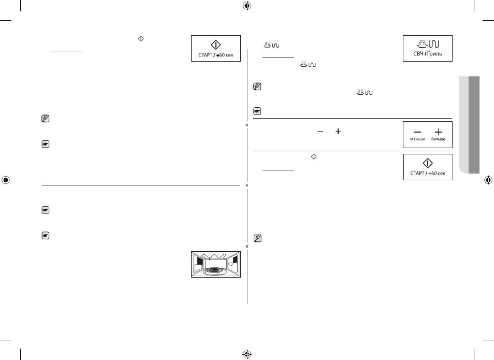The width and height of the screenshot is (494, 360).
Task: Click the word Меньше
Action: click(417, 139)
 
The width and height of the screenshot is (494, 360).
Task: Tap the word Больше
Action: click(438, 139)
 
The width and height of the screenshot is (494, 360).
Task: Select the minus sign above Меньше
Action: click(417, 132)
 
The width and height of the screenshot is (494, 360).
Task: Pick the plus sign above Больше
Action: click(438, 132)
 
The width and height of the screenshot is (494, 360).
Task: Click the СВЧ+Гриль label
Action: click(428, 54)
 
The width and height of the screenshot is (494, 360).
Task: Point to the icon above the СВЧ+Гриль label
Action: click(428, 44)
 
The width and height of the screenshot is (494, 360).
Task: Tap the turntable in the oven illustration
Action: click(215, 270)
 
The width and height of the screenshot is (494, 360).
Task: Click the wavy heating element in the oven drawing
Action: click(216, 256)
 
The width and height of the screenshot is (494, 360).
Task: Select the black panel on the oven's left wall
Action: click(199, 261)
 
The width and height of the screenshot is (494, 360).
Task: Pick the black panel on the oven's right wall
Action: click(235, 260)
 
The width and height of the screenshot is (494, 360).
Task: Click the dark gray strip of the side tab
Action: click(474, 125)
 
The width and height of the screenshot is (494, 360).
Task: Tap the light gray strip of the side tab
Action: click(464, 125)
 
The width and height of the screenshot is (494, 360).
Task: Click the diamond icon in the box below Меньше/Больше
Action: click(428, 163)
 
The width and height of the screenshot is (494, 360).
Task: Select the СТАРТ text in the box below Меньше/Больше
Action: click(417, 174)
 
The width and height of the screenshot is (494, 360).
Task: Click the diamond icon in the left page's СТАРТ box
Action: click(215, 45)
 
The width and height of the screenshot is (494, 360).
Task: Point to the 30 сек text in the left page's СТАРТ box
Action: click(226, 55)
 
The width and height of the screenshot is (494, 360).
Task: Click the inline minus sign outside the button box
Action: click(320, 131)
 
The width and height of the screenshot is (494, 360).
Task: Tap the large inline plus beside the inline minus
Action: click(338, 131)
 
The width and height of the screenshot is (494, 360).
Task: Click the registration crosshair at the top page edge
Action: click(247, 5)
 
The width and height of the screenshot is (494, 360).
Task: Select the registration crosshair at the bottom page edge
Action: click(247, 354)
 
